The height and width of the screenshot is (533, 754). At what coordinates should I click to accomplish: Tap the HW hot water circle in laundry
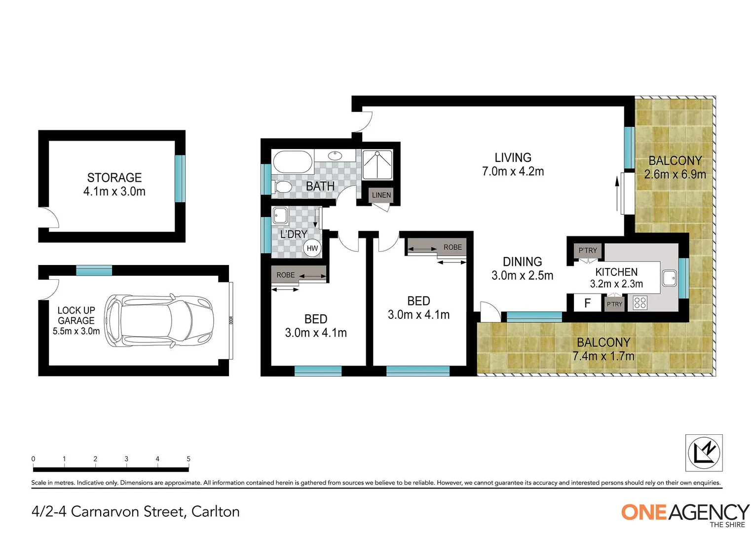tap(312, 248)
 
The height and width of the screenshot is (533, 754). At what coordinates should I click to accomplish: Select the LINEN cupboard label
tap(381, 195)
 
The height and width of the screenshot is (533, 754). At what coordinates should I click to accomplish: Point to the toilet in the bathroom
tap(283, 187)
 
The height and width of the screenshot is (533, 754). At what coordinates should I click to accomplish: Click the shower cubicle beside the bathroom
tap(377, 164)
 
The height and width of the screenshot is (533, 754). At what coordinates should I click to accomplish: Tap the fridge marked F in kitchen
tap(587, 303)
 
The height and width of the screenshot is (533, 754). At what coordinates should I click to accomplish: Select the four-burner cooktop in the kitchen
tap(640, 303)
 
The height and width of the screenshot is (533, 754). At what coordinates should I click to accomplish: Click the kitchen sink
tap(669, 278)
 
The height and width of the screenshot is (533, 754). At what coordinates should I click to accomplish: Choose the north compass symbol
tap(704, 453)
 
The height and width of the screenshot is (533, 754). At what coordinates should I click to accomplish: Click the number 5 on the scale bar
tap(188, 459)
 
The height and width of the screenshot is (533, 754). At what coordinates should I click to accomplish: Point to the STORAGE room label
tap(114, 178)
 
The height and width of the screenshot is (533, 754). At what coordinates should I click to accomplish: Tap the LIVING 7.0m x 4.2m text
tap(513, 165)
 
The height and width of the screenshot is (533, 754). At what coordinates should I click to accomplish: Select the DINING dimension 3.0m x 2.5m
tap(522, 276)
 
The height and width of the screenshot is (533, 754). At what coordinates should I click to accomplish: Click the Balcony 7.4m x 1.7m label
tap(603, 349)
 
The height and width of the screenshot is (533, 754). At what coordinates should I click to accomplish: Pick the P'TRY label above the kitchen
tap(588, 250)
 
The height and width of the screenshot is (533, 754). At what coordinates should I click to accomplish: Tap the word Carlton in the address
tap(215, 512)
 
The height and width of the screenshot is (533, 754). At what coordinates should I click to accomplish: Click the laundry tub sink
tap(280, 216)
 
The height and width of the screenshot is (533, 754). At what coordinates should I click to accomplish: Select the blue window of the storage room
tap(180, 178)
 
